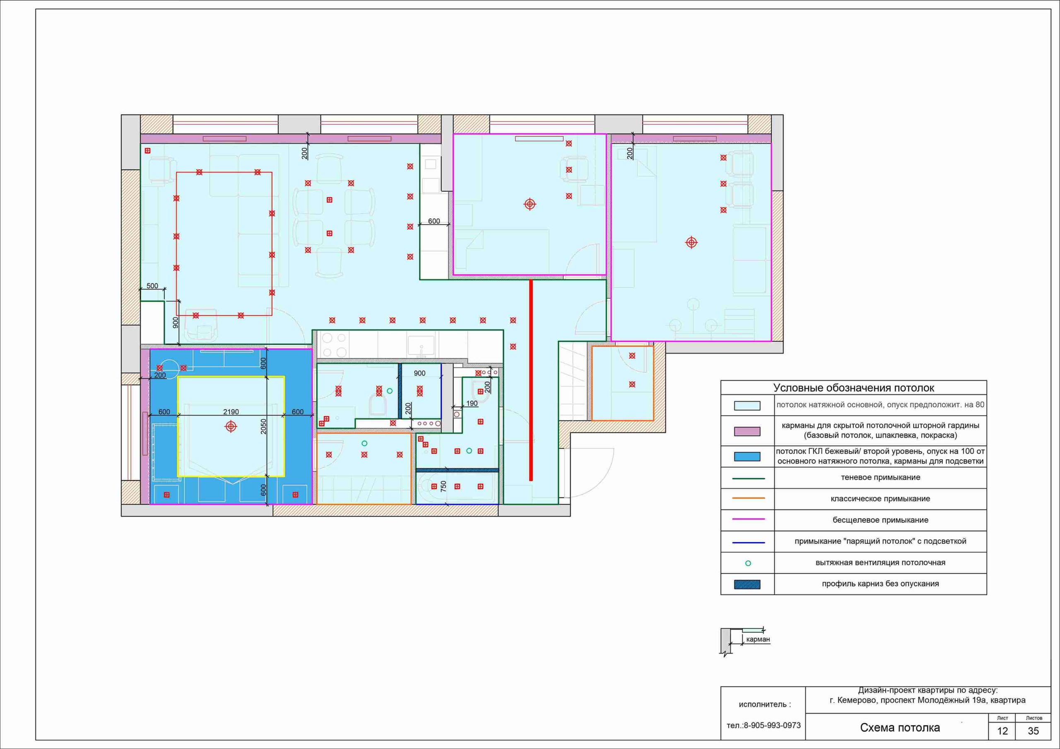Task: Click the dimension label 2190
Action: click(x=231, y=412)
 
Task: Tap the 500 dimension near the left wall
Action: click(x=152, y=286)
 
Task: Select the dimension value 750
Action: click(x=443, y=486)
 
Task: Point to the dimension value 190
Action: click(x=472, y=403)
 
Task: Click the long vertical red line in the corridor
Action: click(x=531, y=380)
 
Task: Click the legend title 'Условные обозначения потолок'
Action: click(x=854, y=388)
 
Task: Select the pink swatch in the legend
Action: click(x=747, y=431)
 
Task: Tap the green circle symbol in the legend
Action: click(x=748, y=563)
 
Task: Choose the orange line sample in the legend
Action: click(x=748, y=498)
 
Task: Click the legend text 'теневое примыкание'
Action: click(x=880, y=478)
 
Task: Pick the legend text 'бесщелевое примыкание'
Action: click(x=880, y=520)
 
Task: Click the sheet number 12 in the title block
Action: click(x=1002, y=732)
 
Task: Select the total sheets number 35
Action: click(x=1033, y=732)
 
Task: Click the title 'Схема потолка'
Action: click(x=900, y=728)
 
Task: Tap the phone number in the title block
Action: click(x=764, y=725)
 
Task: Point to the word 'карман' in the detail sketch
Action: click(x=758, y=640)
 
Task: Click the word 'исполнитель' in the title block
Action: click(x=762, y=705)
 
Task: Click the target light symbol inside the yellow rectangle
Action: click(x=231, y=426)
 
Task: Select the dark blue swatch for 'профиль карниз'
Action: click(x=747, y=584)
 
